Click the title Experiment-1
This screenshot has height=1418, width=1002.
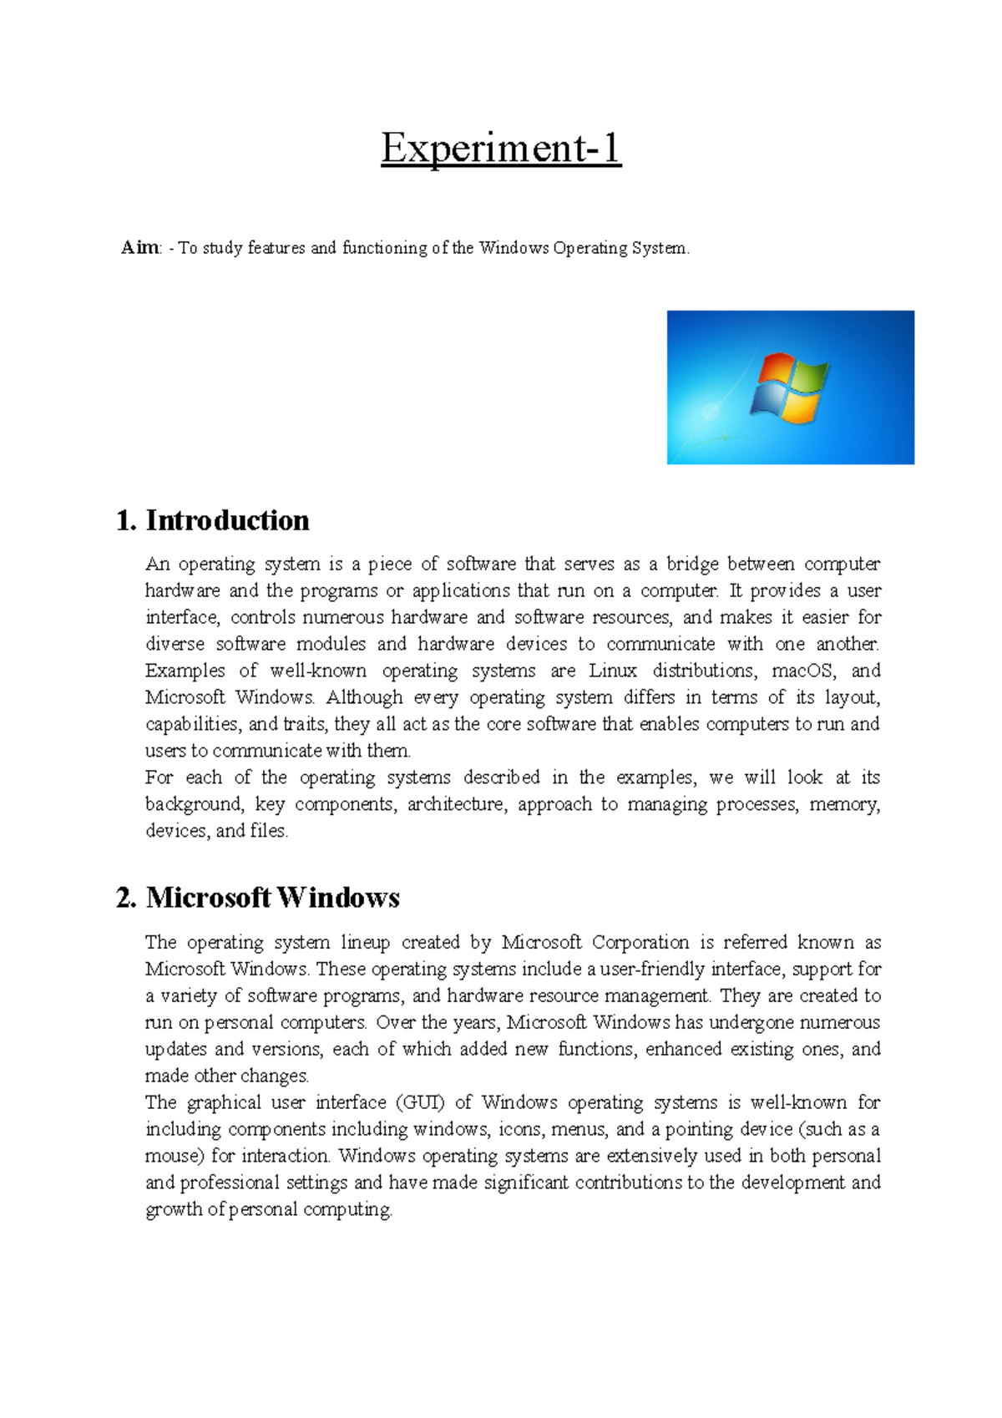click(x=501, y=149)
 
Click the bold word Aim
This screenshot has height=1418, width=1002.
click(x=139, y=248)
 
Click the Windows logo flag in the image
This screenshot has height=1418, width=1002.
click(x=788, y=386)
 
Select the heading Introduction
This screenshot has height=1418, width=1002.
click(x=227, y=520)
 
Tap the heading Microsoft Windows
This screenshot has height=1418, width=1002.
click(x=272, y=898)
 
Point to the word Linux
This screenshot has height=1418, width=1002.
click(x=613, y=671)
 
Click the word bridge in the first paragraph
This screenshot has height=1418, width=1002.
click(x=691, y=564)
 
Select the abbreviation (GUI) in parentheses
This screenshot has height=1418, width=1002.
click(x=422, y=1102)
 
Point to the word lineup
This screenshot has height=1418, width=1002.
click(x=365, y=942)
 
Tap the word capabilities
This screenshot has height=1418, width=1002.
click(x=194, y=724)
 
